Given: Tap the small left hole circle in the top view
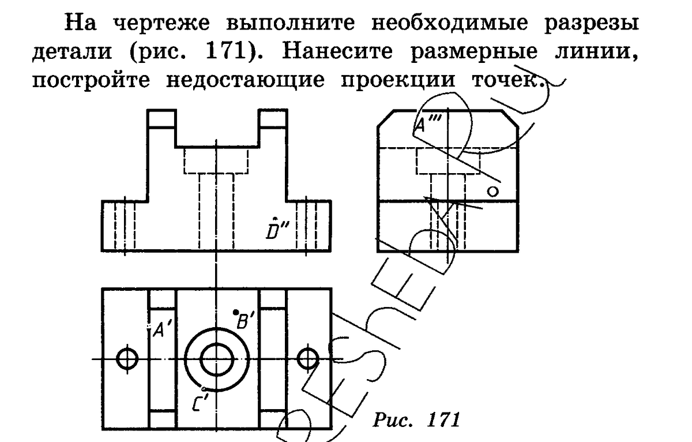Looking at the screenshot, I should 126,358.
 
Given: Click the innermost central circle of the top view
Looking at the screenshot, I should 216,359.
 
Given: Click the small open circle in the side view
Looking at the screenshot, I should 492,191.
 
